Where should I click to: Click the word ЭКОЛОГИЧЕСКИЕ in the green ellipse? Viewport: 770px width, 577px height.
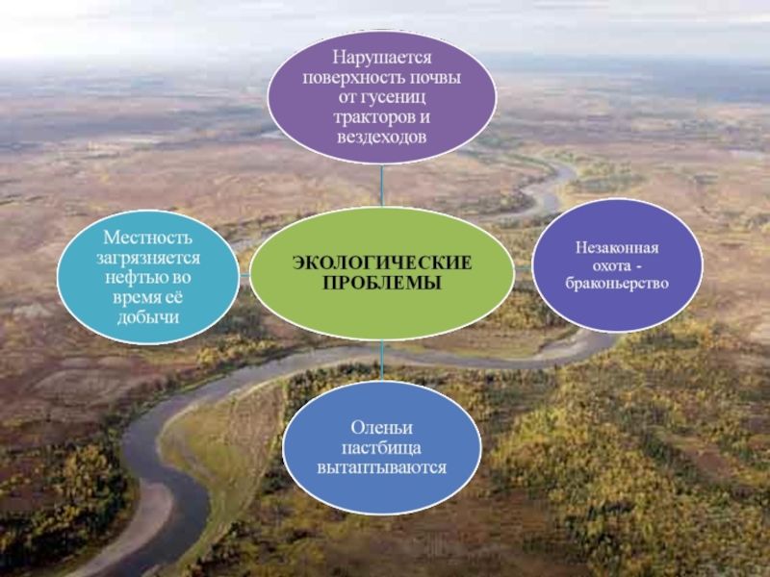point(382,263)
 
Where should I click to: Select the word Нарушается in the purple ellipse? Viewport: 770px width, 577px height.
point(383,60)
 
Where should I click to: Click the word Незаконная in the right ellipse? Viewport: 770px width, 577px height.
point(617,247)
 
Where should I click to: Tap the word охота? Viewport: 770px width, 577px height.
point(609,266)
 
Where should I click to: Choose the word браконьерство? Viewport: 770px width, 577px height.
point(617,286)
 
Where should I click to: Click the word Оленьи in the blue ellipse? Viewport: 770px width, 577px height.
point(382,427)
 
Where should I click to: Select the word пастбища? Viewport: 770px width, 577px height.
point(382,447)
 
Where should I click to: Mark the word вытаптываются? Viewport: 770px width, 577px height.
point(382,467)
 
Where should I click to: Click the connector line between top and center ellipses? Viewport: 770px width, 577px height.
point(382,188)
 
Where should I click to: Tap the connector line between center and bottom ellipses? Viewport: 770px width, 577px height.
point(382,364)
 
